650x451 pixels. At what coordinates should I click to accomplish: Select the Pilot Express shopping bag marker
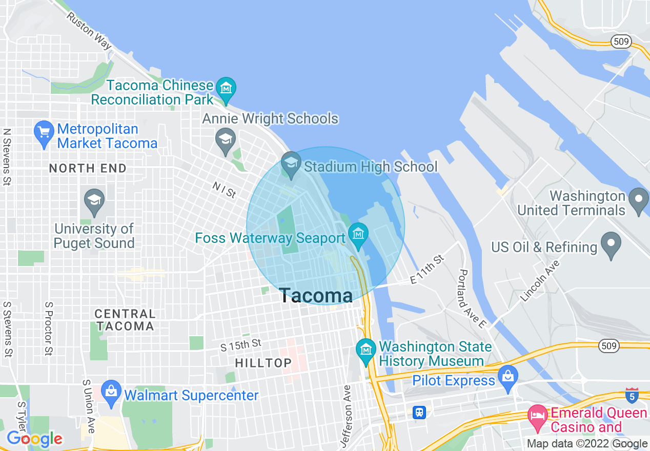(508, 380)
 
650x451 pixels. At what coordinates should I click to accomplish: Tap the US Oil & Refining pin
(611, 246)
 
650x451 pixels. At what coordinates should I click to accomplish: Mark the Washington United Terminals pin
(639, 201)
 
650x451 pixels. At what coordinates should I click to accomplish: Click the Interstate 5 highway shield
(632, 395)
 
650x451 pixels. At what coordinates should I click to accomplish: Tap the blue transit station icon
(419, 412)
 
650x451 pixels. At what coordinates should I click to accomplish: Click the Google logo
(34, 439)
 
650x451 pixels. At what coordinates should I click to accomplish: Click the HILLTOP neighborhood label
(263, 363)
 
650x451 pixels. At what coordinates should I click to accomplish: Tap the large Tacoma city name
(316, 296)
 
